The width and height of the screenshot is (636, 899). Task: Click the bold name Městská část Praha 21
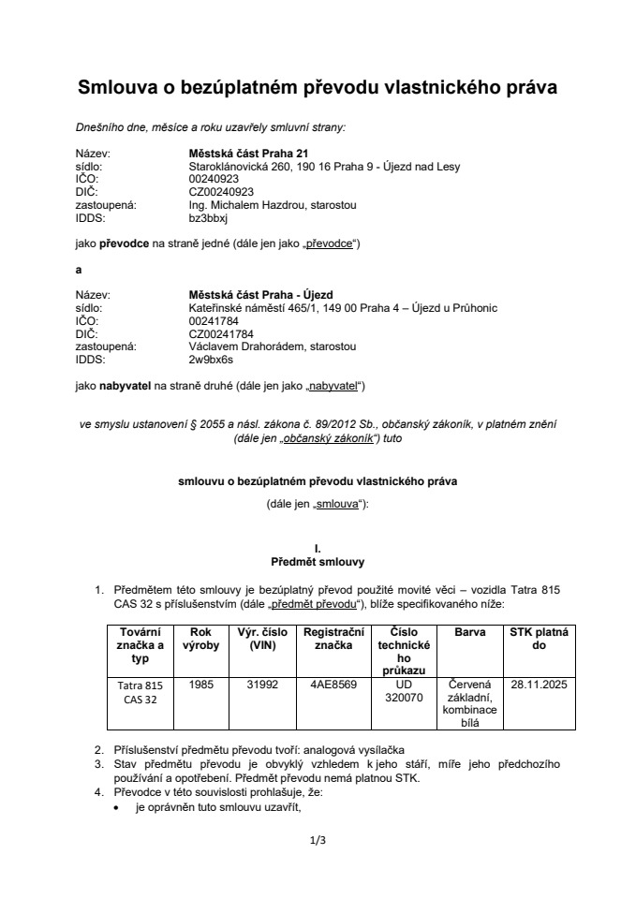click(248, 154)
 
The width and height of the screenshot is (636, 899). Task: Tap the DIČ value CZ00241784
click(220, 333)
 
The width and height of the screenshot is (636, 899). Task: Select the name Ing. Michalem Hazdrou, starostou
click(272, 205)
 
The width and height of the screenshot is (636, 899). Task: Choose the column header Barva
click(469, 632)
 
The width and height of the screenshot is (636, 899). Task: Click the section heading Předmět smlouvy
click(318, 562)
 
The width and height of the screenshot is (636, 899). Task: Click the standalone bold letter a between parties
click(79, 270)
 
